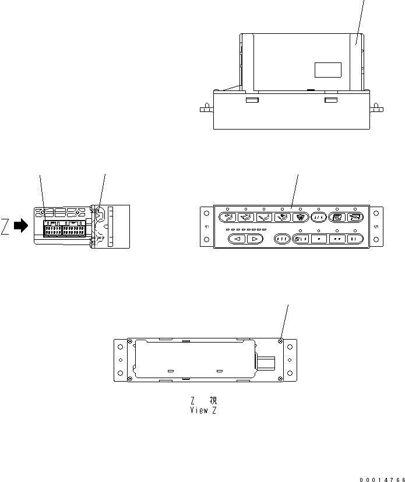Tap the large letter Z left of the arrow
pyautogui.click(x=5, y=227)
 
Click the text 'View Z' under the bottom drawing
pyautogui.click(x=202, y=410)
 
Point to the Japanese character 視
pyautogui.click(x=213, y=401)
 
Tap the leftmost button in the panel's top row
pyautogui.click(x=226, y=218)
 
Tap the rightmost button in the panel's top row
pyautogui.click(x=354, y=218)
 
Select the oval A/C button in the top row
pyautogui.click(x=318, y=218)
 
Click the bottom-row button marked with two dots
pyautogui.click(x=337, y=239)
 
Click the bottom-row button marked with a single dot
pyautogui.click(x=318, y=239)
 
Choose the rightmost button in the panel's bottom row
pyautogui.click(x=355, y=239)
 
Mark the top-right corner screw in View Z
pyautogui.click(x=281, y=341)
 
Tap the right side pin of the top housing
pyautogui.click(x=377, y=108)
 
